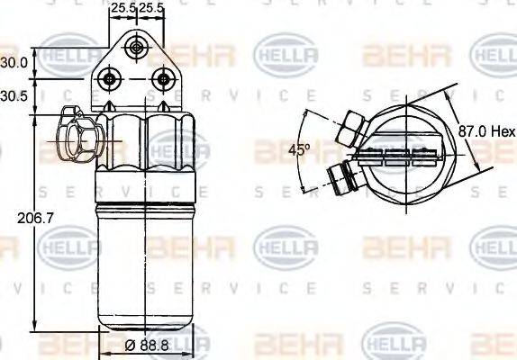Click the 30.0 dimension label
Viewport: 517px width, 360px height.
pyautogui.click(x=13, y=63)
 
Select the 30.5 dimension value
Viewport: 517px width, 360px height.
pyautogui.click(x=13, y=96)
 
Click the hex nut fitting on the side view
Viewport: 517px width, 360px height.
pyautogui.click(x=74, y=135)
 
